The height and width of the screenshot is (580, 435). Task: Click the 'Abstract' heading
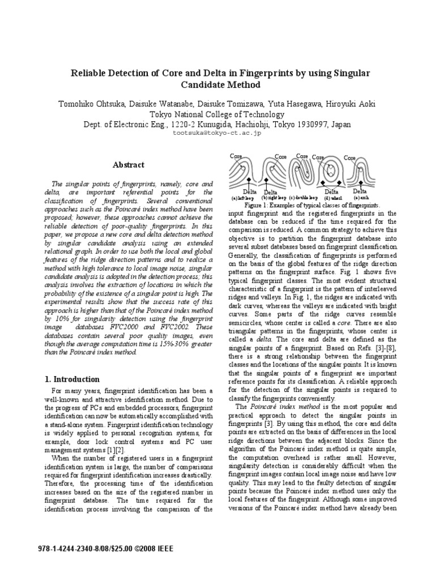pyautogui.click(x=128, y=165)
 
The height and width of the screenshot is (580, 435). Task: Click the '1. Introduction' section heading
pyautogui.click(x=72, y=379)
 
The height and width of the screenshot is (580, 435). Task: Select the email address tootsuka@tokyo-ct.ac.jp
pyautogui.click(x=217, y=134)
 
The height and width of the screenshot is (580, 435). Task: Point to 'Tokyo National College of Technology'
pyautogui.click(x=217, y=114)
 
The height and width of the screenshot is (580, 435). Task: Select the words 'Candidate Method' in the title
pyautogui.click(x=217, y=85)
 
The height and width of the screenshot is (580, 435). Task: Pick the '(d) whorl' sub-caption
pyautogui.click(x=333, y=198)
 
